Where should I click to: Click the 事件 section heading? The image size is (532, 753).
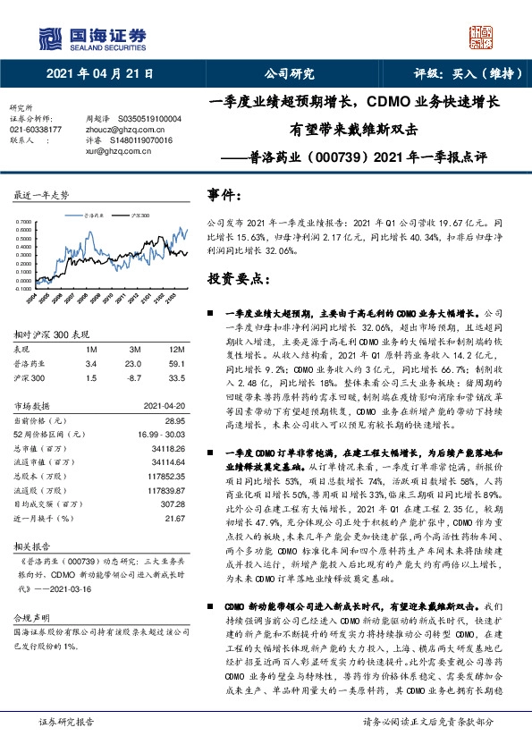pyautogui.click(x=224, y=193)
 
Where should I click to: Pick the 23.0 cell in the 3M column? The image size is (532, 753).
pyautogui.click(x=133, y=364)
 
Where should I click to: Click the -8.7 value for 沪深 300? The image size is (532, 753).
pyautogui.click(x=133, y=377)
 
